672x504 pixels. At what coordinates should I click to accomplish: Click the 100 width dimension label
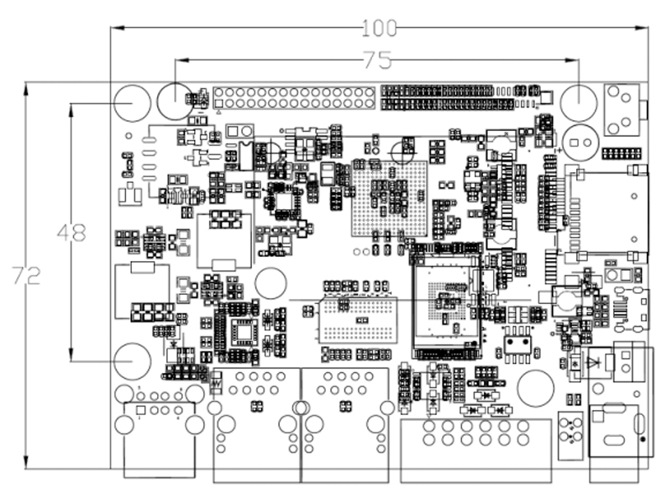[x=380, y=28]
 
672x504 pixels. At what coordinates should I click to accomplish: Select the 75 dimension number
[x=378, y=60]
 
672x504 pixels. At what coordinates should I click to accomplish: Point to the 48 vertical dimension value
[x=71, y=233]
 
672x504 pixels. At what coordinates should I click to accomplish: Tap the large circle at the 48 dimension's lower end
[x=132, y=360]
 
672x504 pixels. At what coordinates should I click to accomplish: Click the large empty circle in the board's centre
[x=272, y=283]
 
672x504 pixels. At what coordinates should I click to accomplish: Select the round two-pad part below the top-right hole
[x=580, y=141]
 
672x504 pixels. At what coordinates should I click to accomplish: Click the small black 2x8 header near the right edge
[x=621, y=155]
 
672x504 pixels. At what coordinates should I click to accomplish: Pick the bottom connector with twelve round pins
[x=475, y=433]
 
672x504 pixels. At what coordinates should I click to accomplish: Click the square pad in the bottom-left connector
[x=140, y=411]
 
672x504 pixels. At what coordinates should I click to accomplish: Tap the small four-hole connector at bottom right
[x=570, y=429]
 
